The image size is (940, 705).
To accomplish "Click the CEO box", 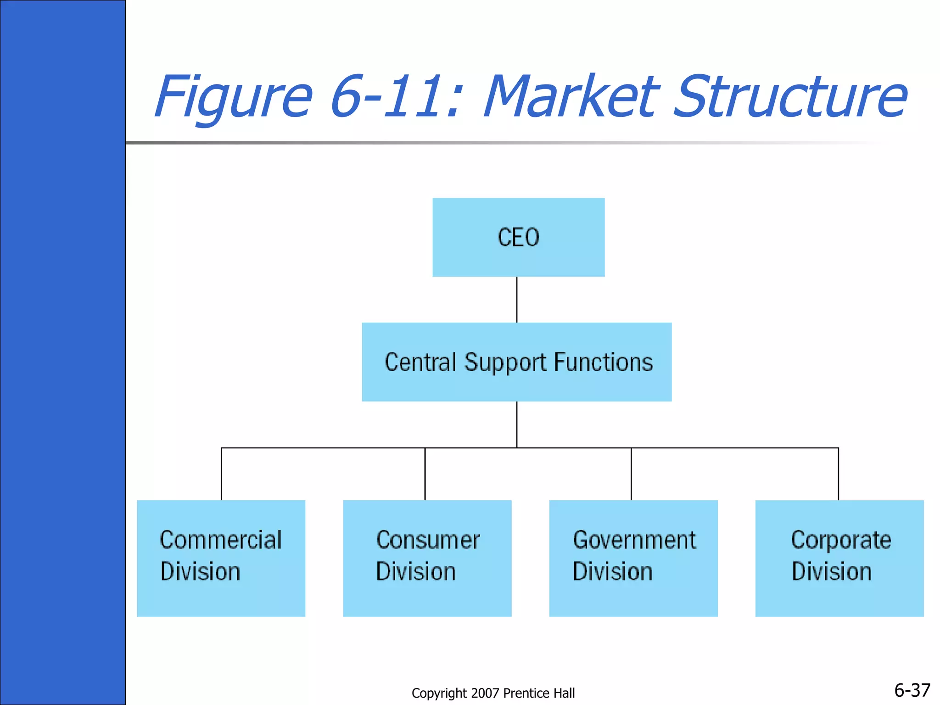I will point(518,237).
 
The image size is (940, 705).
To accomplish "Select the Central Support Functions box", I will point(516,362).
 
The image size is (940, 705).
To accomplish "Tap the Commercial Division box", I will point(221,558).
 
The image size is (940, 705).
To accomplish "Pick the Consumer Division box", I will point(427,558).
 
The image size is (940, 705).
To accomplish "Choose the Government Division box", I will point(633,558).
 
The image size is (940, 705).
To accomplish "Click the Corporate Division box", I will point(839,558).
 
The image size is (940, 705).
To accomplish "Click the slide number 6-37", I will point(912,690).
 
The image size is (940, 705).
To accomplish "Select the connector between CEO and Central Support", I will point(517,299).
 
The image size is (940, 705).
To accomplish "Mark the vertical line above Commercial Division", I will point(221,474).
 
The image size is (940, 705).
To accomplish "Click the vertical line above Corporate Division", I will point(839,474).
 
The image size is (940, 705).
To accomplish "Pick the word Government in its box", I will point(634,540).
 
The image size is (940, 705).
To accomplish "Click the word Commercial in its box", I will point(221,540).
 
